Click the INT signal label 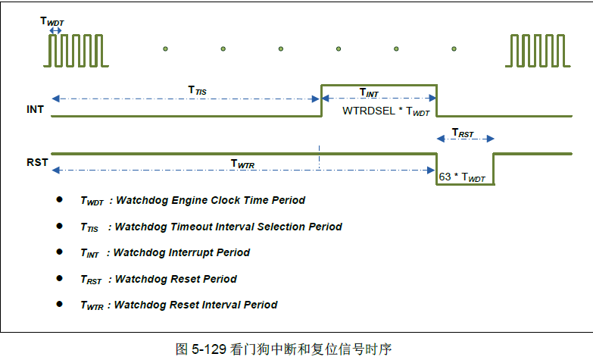(x=35, y=110)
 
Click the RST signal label (x=37, y=162)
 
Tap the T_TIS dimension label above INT (x=197, y=90)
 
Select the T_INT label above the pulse (x=369, y=92)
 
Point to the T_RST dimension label (x=463, y=133)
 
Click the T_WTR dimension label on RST (x=242, y=163)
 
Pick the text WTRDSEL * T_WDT (x=386, y=111)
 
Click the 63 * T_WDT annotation (x=462, y=177)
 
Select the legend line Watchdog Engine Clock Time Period (x=192, y=200)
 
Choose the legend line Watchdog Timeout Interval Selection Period (x=211, y=227)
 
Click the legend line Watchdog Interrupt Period (x=165, y=252)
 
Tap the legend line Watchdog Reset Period (x=158, y=279)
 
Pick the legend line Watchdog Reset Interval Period (x=179, y=305)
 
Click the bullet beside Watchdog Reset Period (x=59, y=278)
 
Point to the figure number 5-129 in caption (x=211, y=349)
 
